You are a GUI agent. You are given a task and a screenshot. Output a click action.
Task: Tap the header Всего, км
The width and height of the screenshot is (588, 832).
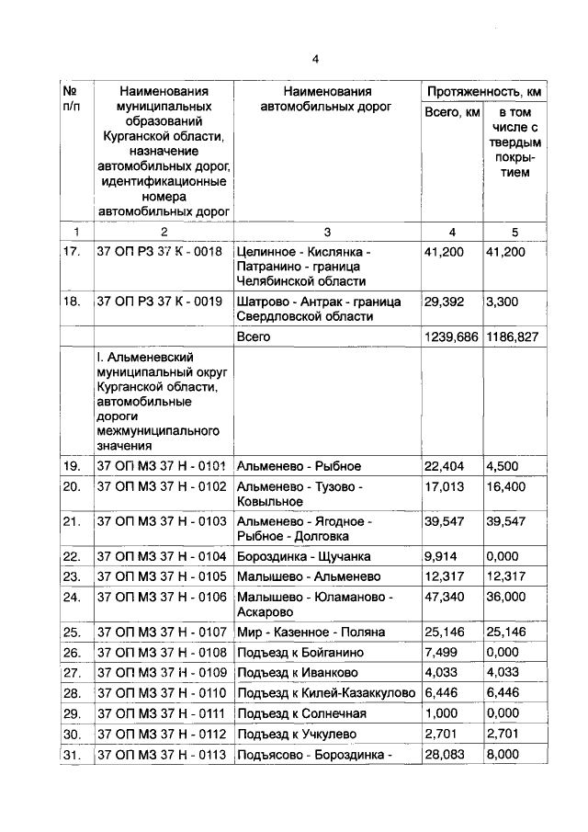tap(451, 112)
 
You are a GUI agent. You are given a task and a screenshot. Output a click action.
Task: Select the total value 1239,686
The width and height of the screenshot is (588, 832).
tap(451, 337)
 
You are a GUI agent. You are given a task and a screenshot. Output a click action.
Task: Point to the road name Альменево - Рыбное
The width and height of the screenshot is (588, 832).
tap(299, 466)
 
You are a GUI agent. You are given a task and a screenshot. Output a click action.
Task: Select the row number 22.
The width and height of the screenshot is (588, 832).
tap(72, 556)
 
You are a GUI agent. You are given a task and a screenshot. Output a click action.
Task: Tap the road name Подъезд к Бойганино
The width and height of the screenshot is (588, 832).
tap(300, 652)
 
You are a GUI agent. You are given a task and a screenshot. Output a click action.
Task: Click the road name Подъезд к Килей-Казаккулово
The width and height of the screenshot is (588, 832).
tap(326, 692)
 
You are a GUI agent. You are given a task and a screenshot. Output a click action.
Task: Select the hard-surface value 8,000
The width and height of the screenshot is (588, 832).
tap(503, 753)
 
